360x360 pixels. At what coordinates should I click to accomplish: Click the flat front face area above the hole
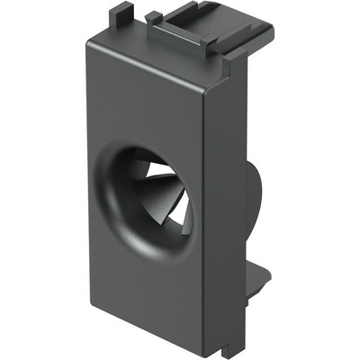pyautogui.click(x=157, y=99)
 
